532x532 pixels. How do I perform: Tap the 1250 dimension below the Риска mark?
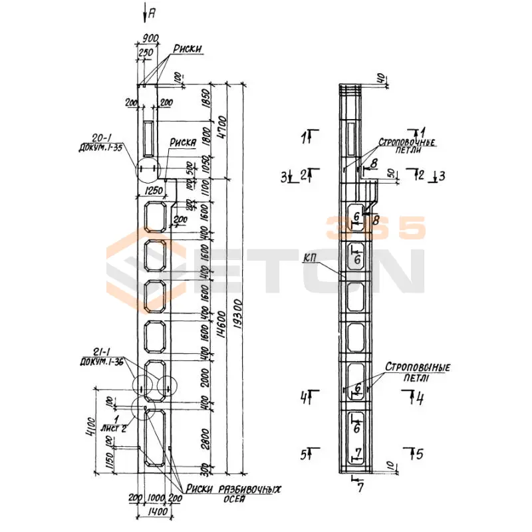(153, 192)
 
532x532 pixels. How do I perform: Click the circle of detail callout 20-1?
(149, 170)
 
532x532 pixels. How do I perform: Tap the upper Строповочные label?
(407, 142)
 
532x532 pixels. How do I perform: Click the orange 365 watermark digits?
(376, 229)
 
